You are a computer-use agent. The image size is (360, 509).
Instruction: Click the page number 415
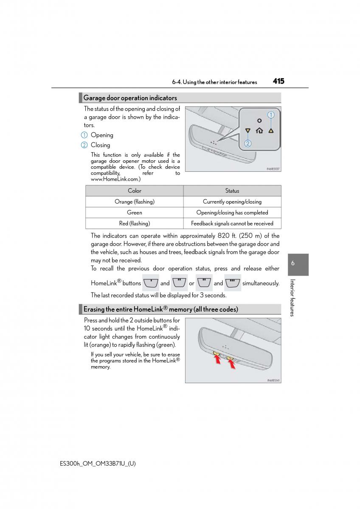click(x=278, y=81)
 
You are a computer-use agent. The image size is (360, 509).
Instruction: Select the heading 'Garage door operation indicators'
click(x=130, y=98)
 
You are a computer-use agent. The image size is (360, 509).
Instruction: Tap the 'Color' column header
click(x=135, y=191)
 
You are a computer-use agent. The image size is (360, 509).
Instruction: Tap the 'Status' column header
click(x=232, y=191)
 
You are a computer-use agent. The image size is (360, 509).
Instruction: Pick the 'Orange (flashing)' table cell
click(x=135, y=202)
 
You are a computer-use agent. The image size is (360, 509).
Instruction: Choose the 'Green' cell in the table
click(x=135, y=213)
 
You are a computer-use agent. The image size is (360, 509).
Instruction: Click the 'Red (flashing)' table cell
click(x=135, y=224)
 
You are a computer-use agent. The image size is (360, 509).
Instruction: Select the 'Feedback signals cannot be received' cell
click(x=232, y=224)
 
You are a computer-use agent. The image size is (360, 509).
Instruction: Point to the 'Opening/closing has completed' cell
click(x=232, y=213)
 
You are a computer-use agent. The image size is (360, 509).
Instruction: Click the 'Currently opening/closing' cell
click(x=232, y=202)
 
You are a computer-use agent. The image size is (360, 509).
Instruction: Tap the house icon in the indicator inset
click(x=259, y=131)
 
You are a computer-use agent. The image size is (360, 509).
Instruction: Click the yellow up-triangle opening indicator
click(x=271, y=131)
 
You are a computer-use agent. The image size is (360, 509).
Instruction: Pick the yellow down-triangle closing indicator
click(x=248, y=131)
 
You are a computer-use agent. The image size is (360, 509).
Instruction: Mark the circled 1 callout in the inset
click(x=271, y=115)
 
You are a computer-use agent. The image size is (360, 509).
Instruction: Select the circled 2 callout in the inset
click(x=248, y=143)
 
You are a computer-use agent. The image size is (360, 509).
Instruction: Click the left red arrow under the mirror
click(x=217, y=359)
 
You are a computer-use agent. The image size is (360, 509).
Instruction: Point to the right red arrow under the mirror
click(x=232, y=363)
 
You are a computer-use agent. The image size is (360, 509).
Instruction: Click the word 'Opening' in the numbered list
click(x=102, y=135)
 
